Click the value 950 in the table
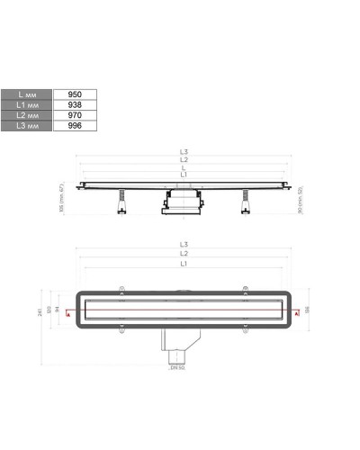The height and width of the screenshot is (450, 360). (75, 94)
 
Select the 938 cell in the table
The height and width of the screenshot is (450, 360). (75, 104)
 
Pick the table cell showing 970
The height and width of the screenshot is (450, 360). (75, 115)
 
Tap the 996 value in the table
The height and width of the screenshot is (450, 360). (75, 126)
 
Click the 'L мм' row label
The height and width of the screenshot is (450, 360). (29, 94)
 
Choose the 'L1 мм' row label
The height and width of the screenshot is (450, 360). (29, 104)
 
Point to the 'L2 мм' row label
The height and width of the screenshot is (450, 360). (29, 115)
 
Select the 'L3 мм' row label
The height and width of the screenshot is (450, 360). (29, 126)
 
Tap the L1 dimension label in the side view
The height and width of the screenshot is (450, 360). (184, 173)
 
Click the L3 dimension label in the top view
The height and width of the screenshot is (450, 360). (184, 245)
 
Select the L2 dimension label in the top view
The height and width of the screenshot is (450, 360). (184, 255)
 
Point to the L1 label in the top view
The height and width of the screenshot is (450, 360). (184, 265)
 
